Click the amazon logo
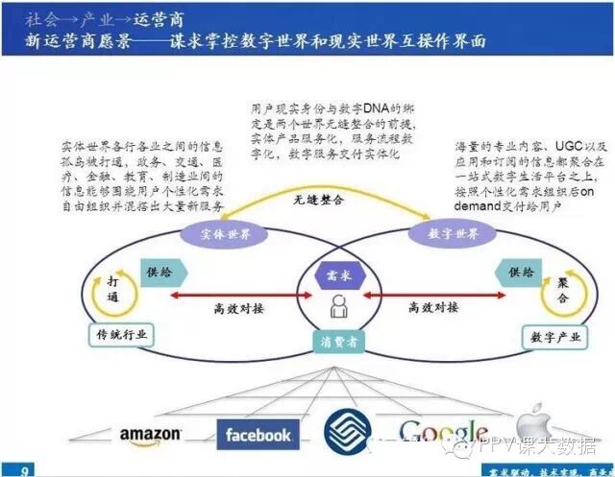pyautogui.click(x=150, y=435)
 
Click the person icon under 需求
pyautogui.click(x=337, y=307)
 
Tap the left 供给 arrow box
pyautogui.click(x=160, y=274)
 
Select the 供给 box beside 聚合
pyautogui.click(x=520, y=274)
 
